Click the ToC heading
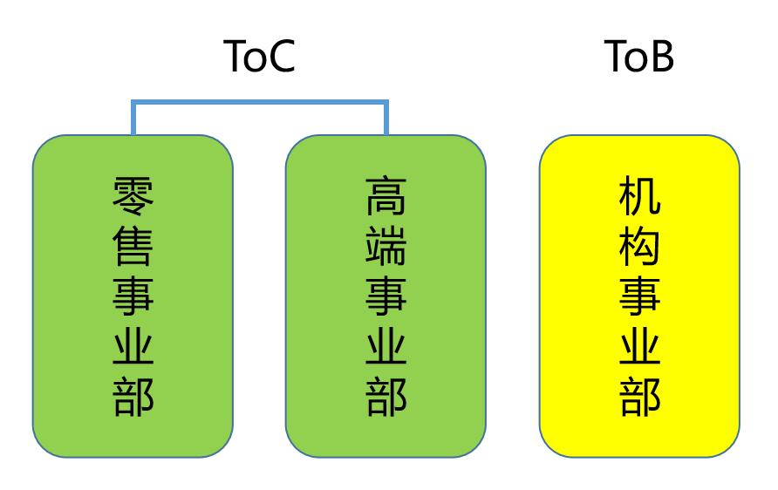[260, 57]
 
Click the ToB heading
[639, 57]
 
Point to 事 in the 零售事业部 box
[133, 297]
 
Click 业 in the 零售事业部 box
[133, 348]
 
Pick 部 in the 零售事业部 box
[133, 398]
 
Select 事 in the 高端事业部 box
[386, 297]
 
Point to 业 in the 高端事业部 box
[386, 348]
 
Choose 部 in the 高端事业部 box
[386, 398]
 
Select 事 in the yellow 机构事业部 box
[639, 297]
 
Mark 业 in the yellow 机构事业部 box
[639, 348]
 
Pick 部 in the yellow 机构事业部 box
[639, 398]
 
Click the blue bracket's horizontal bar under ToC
[260, 103]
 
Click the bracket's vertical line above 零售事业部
[133, 119]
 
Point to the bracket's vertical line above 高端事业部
[386, 119]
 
